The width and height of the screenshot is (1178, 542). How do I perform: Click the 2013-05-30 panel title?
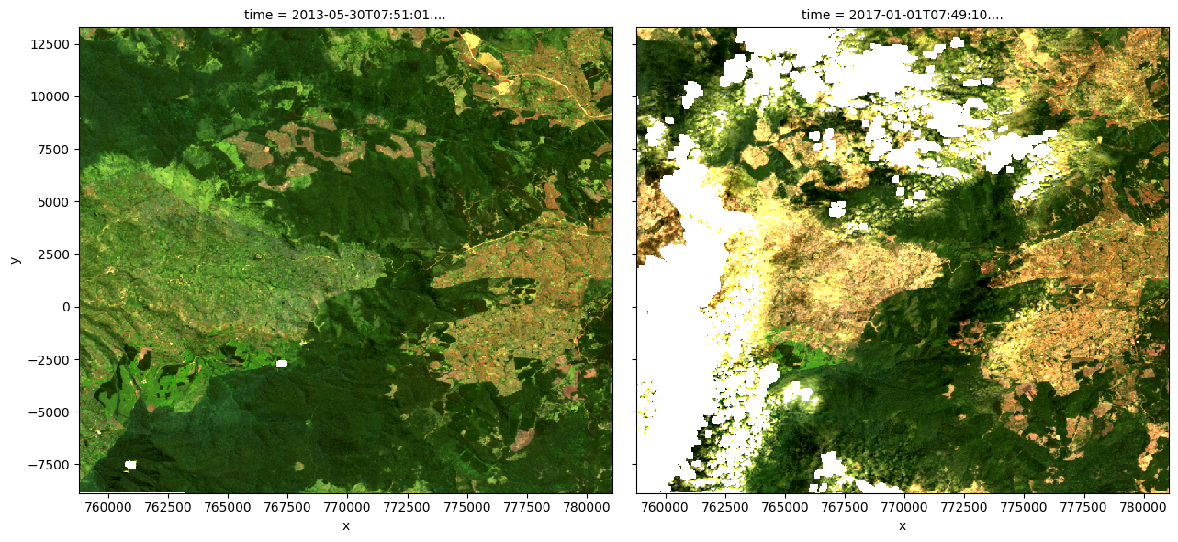345,15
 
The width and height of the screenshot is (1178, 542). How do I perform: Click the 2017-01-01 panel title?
902,15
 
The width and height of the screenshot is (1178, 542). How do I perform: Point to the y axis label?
15,260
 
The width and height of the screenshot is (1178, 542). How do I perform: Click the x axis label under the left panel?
345,525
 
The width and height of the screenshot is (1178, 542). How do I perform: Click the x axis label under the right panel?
902,525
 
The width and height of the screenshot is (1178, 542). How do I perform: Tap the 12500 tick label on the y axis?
52,44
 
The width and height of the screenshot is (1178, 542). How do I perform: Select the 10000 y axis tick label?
52,96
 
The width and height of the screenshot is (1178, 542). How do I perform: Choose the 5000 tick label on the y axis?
56,202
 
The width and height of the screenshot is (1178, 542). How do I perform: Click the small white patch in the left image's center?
282,364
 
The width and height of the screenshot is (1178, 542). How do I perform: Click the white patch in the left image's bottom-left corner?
130,465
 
